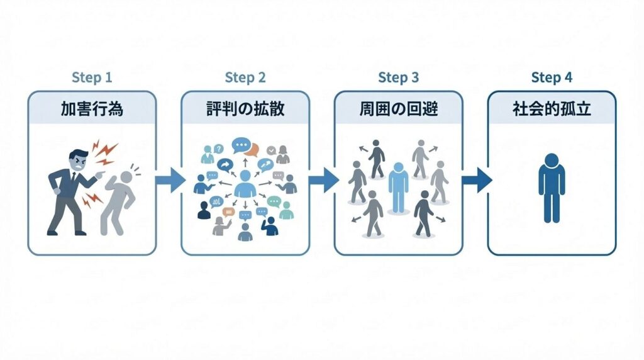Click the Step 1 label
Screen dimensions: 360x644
tap(92, 78)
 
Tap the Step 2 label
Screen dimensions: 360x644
tap(245, 78)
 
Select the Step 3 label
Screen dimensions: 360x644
tap(398, 78)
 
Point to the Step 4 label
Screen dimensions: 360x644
tap(552, 78)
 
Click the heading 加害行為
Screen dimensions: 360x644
tap(92, 108)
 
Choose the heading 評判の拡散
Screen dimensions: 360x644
tap(245, 108)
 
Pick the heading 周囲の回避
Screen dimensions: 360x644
tap(398, 108)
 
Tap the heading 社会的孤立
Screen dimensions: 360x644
tap(552, 108)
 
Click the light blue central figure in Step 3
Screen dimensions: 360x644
tap(398, 186)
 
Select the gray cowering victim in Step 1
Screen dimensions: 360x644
tap(119, 198)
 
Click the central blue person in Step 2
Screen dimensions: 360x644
tap(245, 186)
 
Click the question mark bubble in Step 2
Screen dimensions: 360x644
tap(218, 149)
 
